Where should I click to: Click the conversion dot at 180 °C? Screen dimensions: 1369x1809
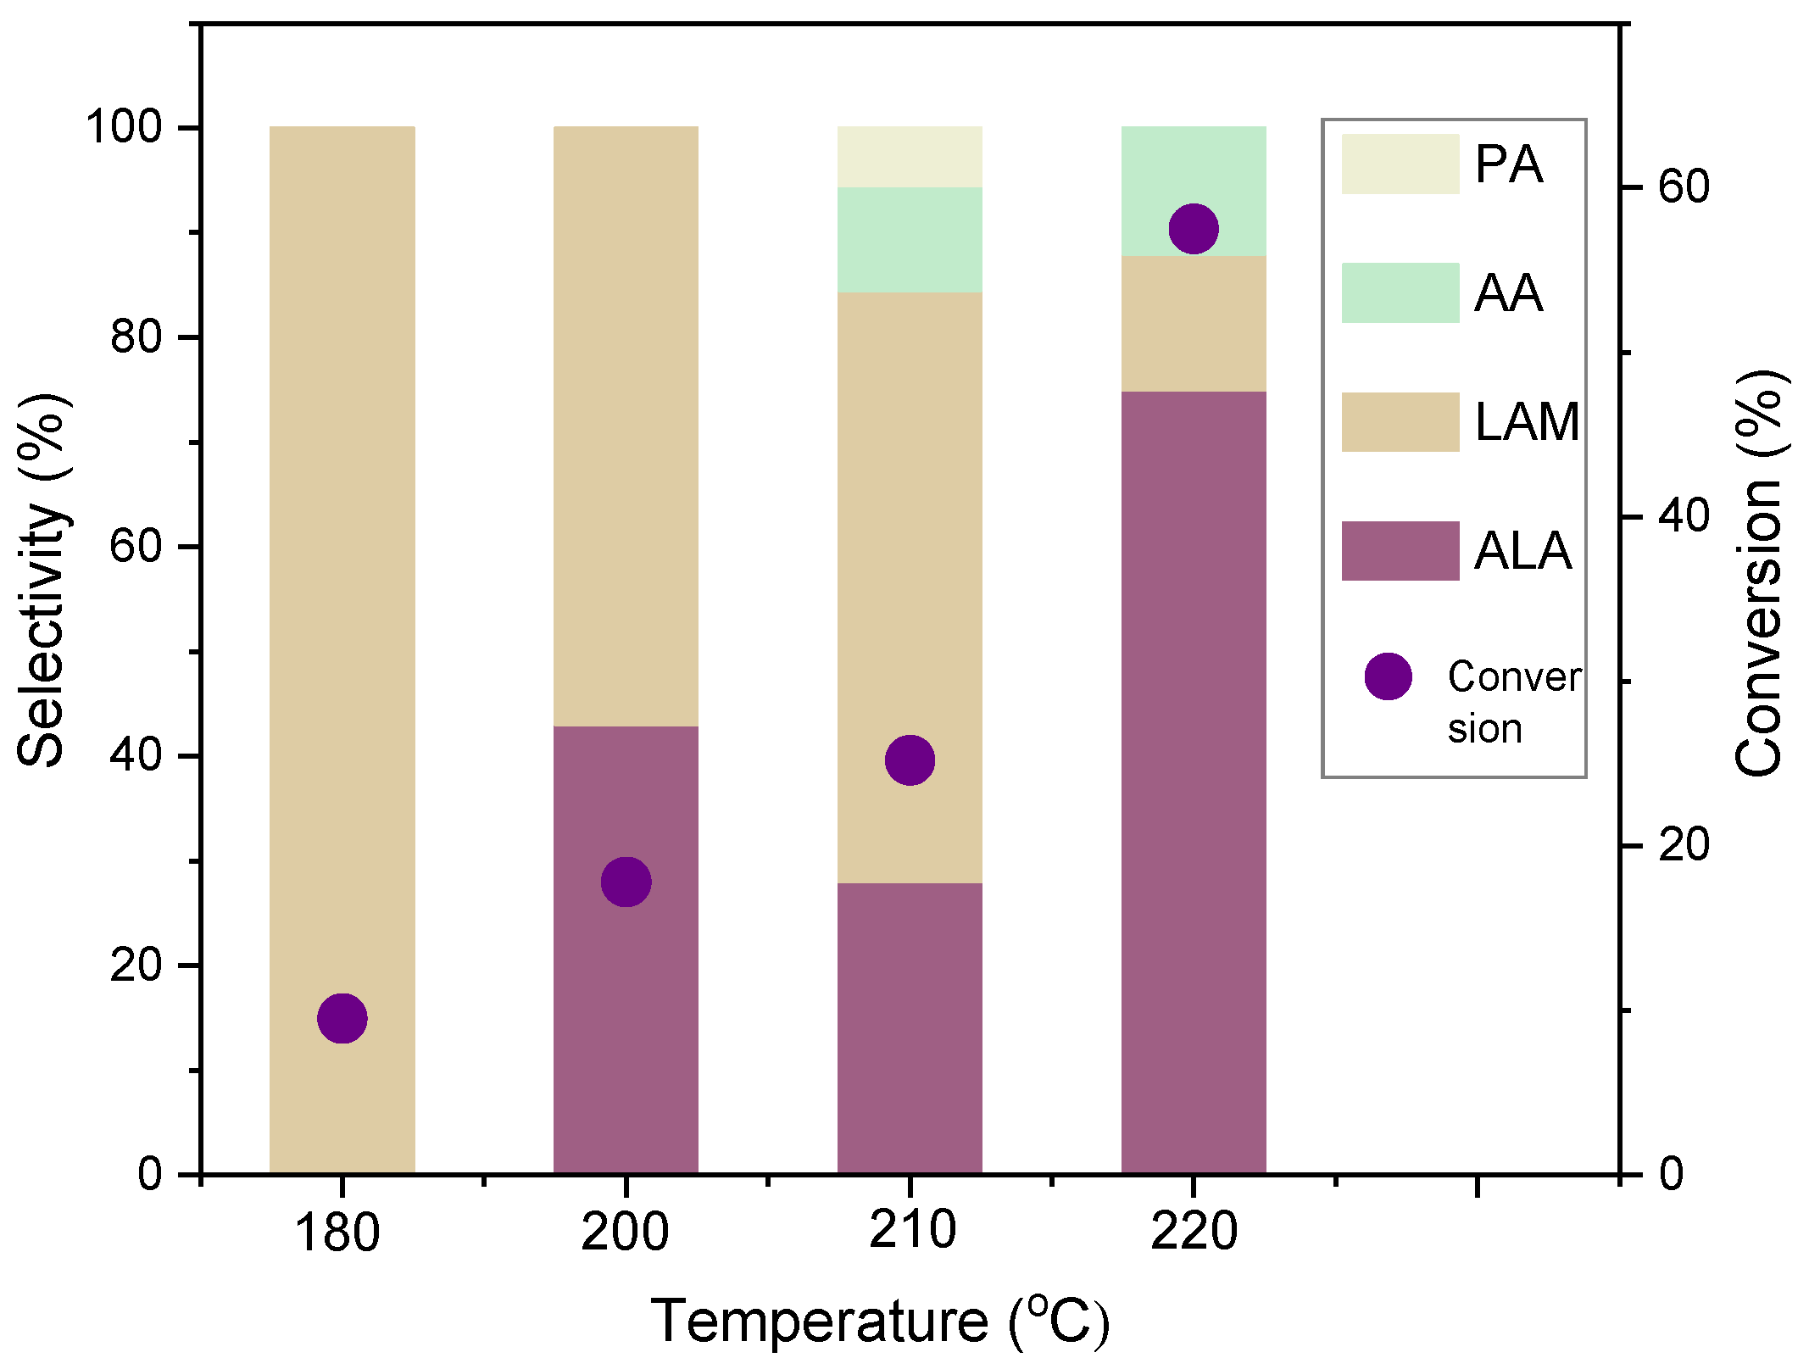pyautogui.click(x=342, y=1018)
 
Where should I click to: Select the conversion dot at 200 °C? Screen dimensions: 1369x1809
pyautogui.click(x=626, y=882)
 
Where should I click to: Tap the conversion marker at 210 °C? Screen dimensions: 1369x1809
pyautogui.click(x=910, y=760)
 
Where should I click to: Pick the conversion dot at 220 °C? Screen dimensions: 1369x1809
pyautogui.click(x=1194, y=228)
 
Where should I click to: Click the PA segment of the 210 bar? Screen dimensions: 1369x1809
pyautogui.click(x=910, y=157)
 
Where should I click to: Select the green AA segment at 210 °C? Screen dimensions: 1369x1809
pyautogui.click(x=910, y=240)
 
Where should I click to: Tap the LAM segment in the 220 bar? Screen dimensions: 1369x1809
pyautogui.click(x=1194, y=323)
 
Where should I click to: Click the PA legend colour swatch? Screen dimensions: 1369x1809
pyautogui.click(x=1400, y=164)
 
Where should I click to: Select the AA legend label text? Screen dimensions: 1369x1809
pyautogui.click(x=1508, y=293)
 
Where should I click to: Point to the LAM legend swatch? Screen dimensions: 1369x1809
pyautogui.click(x=1400, y=421)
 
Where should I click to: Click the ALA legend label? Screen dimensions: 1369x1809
pyautogui.click(x=1522, y=551)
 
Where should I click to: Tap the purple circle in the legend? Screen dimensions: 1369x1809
pyautogui.click(x=1388, y=676)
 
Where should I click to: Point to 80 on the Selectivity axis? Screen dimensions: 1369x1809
pyautogui.click(x=136, y=337)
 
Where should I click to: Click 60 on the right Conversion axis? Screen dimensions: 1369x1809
pyautogui.click(x=1684, y=186)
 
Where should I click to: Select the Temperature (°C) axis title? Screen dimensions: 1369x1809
pyautogui.click(x=879, y=1321)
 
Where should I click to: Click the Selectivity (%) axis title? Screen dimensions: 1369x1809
pyautogui.click(x=42, y=580)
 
